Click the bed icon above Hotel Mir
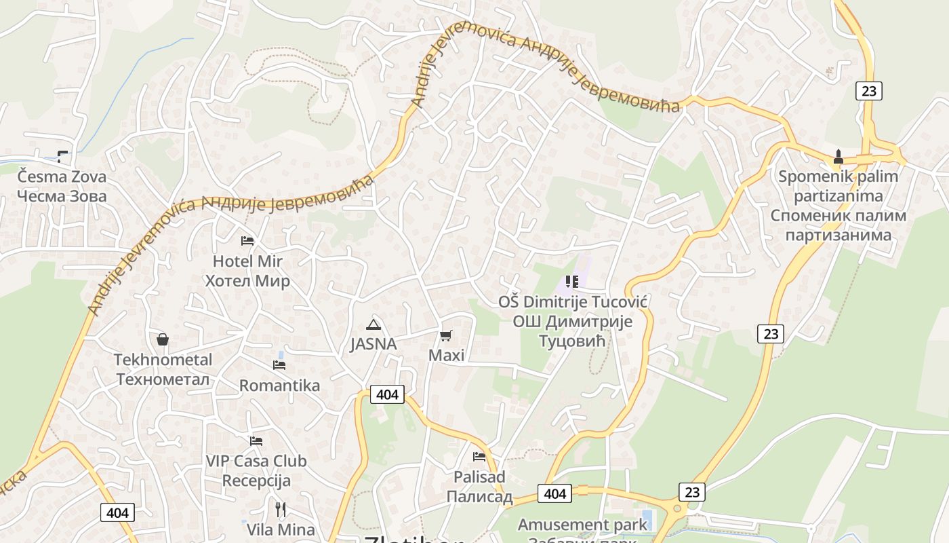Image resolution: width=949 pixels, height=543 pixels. pyautogui.click(x=247, y=241)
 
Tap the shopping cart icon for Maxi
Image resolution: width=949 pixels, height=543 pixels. pyautogui.click(x=445, y=335)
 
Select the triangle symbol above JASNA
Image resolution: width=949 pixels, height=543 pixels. pyautogui.click(x=373, y=324)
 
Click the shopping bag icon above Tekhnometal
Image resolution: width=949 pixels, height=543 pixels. pyautogui.click(x=163, y=339)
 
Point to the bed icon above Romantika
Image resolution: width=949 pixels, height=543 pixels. pyautogui.click(x=279, y=365)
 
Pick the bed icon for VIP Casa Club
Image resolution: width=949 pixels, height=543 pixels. pyautogui.click(x=256, y=441)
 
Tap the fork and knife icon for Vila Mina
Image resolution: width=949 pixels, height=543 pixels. pyautogui.click(x=281, y=509)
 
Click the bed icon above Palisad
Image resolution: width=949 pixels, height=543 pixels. pyautogui.click(x=479, y=457)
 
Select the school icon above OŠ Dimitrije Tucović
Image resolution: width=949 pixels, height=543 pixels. pyautogui.click(x=571, y=281)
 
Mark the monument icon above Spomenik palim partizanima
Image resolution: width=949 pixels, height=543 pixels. pyautogui.click(x=839, y=157)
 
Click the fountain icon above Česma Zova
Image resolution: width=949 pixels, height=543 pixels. pyautogui.click(x=62, y=157)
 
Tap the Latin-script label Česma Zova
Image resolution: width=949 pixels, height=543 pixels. pyautogui.click(x=62, y=177)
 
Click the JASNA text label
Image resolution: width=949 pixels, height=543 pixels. pyautogui.click(x=373, y=344)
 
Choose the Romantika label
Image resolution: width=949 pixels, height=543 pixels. pyautogui.click(x=279, y=386)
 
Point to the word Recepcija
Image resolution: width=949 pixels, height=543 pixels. pyautogui.click(x=256, y=481)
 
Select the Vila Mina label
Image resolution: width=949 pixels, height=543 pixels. pyautogui.click(x=281, y=529)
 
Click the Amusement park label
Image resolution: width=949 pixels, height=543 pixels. pyautogui.click(x=582, y=525)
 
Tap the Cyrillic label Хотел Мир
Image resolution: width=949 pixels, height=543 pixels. pyautogui.click(x=247, y=281)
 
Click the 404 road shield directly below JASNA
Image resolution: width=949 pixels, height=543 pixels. pyautogui.click(x=387, y=394)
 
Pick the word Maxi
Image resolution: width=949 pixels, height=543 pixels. pyautogui.click(x=446, y=355)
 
